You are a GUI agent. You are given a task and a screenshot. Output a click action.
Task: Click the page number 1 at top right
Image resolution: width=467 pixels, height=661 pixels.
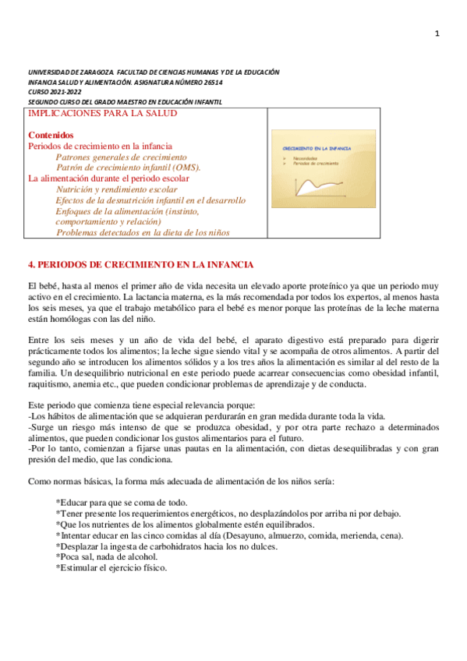437,34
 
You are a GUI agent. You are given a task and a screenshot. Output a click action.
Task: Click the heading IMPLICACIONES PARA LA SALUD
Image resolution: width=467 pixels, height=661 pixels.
102,113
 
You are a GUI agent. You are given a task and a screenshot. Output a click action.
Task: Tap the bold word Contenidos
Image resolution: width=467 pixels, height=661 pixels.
51,135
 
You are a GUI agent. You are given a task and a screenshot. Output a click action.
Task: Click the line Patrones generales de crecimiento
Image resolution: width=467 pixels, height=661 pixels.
122,157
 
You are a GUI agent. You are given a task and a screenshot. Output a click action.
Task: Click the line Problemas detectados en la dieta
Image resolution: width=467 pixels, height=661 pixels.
143,232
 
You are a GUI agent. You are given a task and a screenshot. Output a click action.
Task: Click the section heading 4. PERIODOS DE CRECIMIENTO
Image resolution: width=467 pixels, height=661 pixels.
140,265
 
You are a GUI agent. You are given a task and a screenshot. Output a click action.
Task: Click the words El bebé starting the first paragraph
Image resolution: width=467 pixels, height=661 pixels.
42,287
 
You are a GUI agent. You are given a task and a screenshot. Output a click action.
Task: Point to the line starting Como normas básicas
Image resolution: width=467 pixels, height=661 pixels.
181,481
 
